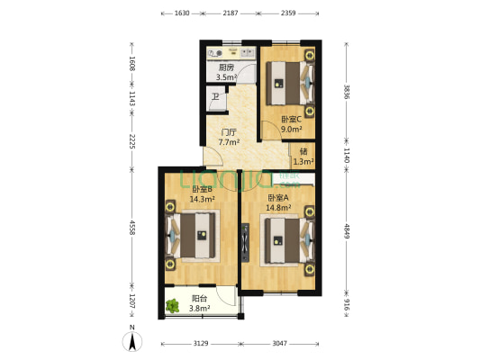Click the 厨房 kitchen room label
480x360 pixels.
tap(226, 72)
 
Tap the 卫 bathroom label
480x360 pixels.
tap(214, 97)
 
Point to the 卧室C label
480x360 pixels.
tap(291, 123)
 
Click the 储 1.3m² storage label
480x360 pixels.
tap(304, 156)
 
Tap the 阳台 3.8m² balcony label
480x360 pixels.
tap(200, 303)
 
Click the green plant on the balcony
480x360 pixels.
tap(172, 305)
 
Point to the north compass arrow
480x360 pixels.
tap(132, 341)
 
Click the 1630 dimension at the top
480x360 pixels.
tap(183, 13)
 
